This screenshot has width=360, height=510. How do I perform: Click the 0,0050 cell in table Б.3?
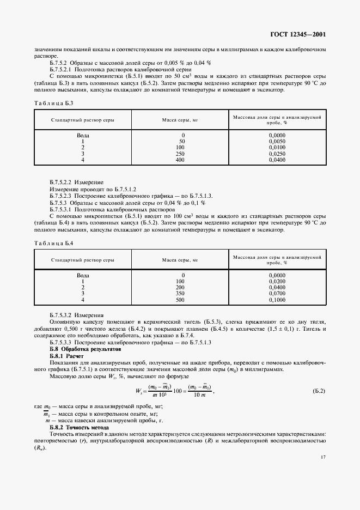(277, 141)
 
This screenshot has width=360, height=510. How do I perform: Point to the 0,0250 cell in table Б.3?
(277, 154)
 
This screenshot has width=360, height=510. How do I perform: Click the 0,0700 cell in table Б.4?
(277, 294)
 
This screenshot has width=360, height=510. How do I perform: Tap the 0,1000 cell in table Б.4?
(277, 300)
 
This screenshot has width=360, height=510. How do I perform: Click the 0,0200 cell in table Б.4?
(277, 281)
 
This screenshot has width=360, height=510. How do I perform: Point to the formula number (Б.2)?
(319, 392)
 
